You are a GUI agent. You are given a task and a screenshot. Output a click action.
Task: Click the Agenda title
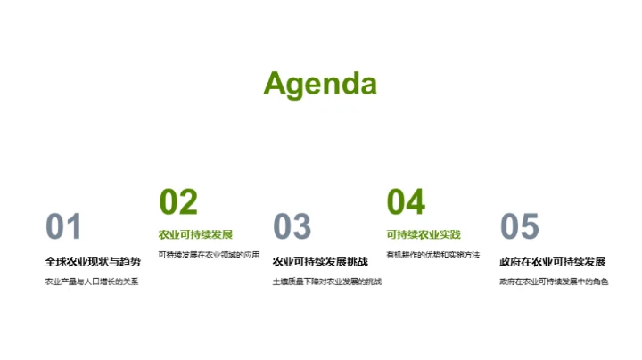320,84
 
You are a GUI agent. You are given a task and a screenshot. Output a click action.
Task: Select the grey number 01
63,227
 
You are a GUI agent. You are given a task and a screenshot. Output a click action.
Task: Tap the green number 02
177,202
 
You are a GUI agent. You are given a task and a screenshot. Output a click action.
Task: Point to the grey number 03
292,227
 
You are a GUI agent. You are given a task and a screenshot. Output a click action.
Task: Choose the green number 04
406,202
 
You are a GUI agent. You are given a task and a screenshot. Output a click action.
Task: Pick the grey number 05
520,227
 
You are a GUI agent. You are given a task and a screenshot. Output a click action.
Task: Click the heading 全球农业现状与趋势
93,262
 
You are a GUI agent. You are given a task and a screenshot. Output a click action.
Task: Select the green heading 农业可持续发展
195,235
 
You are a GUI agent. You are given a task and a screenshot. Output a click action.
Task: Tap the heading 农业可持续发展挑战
319,262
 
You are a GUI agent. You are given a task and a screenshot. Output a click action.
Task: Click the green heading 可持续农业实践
424,235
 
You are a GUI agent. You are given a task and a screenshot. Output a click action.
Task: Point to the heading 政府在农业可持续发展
553,262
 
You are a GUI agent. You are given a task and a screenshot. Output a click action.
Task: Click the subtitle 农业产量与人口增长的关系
93,282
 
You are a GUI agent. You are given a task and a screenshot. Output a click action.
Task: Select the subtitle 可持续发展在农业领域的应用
209,255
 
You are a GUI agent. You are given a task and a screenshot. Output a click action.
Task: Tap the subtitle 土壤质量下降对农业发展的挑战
326,282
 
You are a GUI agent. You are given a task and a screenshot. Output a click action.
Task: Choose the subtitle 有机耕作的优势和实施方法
432,255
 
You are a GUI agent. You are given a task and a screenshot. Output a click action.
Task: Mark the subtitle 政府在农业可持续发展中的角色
554,282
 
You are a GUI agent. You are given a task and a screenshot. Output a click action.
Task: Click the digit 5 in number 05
531,227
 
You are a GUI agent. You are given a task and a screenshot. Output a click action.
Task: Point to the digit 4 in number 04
416,202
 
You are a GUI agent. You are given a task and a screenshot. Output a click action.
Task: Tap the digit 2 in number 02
188,202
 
